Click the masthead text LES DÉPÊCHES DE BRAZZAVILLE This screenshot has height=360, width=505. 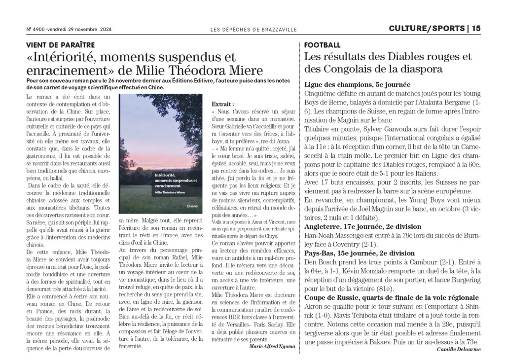tap(253, 30)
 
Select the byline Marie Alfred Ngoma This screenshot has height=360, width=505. tap(273, 346)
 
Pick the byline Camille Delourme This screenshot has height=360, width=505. tap(459, 349)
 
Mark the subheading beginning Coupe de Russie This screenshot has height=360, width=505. tap(392, 297)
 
